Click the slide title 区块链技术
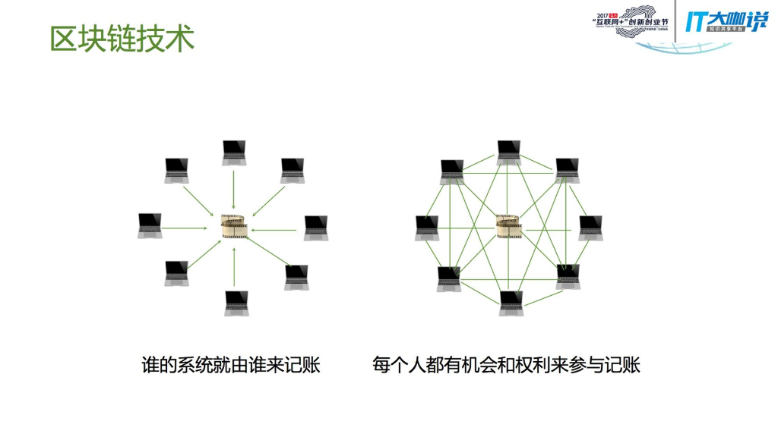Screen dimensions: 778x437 [x=122, y=38]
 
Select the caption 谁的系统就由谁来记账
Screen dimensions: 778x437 [x=231, y=365]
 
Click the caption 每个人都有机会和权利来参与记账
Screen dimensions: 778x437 [x=507, y=365]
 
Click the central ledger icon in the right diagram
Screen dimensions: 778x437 [x=508, y=225]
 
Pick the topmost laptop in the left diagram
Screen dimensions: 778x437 [x=234, y=152]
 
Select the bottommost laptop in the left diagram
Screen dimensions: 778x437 [x=236, y=302]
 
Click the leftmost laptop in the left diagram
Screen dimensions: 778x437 [x=150, y=225]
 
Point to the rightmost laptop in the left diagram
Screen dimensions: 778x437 [x=316, y=228]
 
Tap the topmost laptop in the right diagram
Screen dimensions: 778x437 [x=508, y=152]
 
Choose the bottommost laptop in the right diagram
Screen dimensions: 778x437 [x=511, y=302]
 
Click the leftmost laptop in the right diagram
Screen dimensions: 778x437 [x=426, y=228]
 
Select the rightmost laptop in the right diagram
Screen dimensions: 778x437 [x=590, y=228]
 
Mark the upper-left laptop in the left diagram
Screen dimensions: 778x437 [x=177, y=170]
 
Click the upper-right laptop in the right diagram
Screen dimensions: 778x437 [x=567, y=170]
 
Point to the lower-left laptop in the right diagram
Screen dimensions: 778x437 [x=448, y=278]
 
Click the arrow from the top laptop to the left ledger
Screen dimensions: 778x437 [x=234, y=190]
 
